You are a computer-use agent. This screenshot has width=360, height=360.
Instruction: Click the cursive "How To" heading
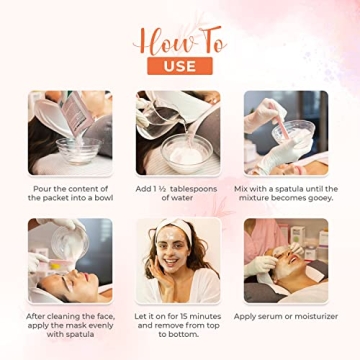[x=180, y=41]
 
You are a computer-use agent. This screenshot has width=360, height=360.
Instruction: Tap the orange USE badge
[x=179, y=67]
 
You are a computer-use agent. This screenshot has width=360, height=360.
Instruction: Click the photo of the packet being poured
[x=70, y=133]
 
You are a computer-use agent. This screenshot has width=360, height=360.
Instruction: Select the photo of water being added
[x=180, y=133]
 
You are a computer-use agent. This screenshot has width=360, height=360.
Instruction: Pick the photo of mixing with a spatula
[x=286, y=133]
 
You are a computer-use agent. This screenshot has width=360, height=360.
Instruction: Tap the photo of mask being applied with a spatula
[x=70, y=260]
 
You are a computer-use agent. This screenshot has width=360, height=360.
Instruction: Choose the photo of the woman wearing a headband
[x=180, y=260]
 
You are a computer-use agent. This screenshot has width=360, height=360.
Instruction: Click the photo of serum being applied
[x=286, y=260]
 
